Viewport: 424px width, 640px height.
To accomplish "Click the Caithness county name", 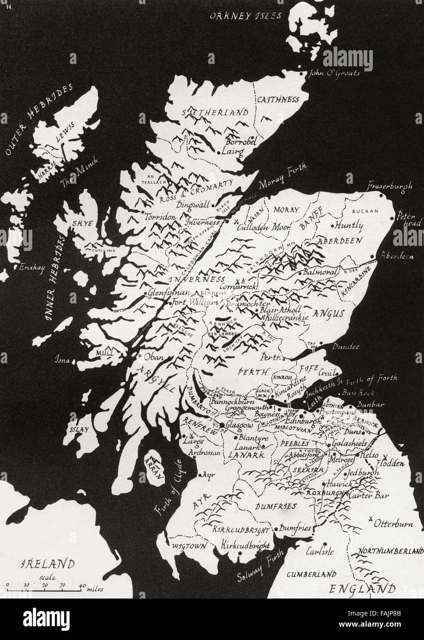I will (x=277, y=99).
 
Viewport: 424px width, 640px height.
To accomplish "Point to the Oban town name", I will (x=154, y=356).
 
